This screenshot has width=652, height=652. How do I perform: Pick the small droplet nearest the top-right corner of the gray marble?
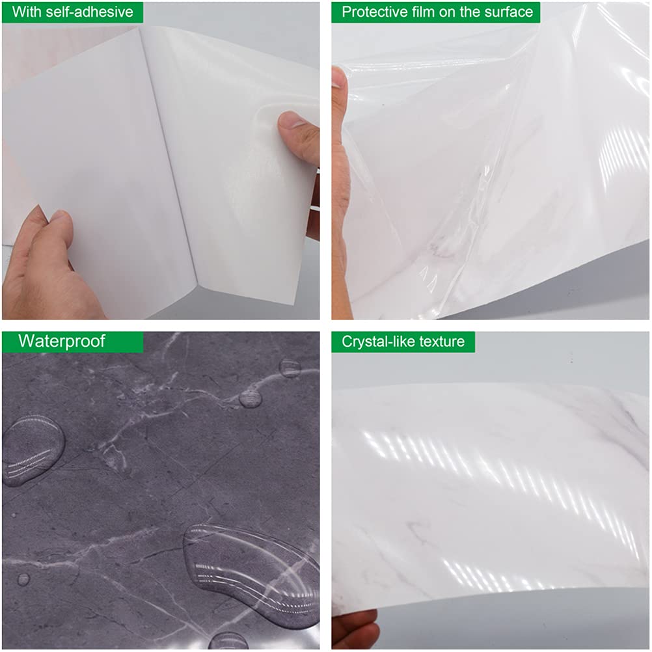(x=290, y=368)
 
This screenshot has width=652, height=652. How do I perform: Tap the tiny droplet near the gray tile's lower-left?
(x=23, y=578)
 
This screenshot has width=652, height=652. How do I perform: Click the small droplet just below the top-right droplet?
(x=251, y=398)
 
